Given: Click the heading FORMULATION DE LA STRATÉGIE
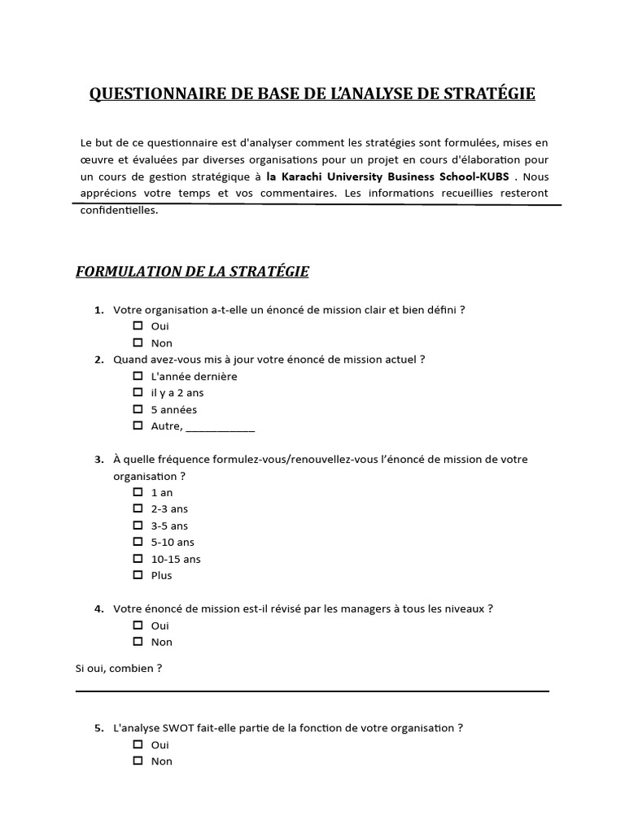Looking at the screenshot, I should pyautogui.click(x=192, y=272).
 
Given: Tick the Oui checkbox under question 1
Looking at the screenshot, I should pyautogui.click(x=138, y=326).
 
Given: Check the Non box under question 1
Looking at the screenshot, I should pyautogui.click(x=138, y=342).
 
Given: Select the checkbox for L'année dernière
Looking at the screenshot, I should pyautogui.click(x=138, y=377).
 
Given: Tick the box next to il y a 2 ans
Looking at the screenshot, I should pyautogui.click(x=138, y=393).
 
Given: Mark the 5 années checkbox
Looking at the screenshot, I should pyautogui.click(x=138, y=409).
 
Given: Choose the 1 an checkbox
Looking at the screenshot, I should pyautogui.click(x=138, y=492).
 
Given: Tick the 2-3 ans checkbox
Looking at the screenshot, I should pyautogui.click(x=138, y=508).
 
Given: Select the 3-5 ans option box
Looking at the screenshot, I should pyautogui.click(x=138, y=526).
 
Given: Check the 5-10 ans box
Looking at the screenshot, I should pyautogui.click(x=138, y=542).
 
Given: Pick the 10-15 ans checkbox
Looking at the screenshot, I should pyautogui.click(x=138, y=559).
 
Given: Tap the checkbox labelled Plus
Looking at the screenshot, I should pyautogui.click(x=138, y=575).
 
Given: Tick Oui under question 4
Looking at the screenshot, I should pyautogui.click(x=138, y=626).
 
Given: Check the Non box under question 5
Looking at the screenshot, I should pyautogui.click(x=138, y=761).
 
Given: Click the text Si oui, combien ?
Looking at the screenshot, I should pyautogui.click(x=119, y=669).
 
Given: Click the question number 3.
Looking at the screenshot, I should pyautogui.click(x=98, y=460).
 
